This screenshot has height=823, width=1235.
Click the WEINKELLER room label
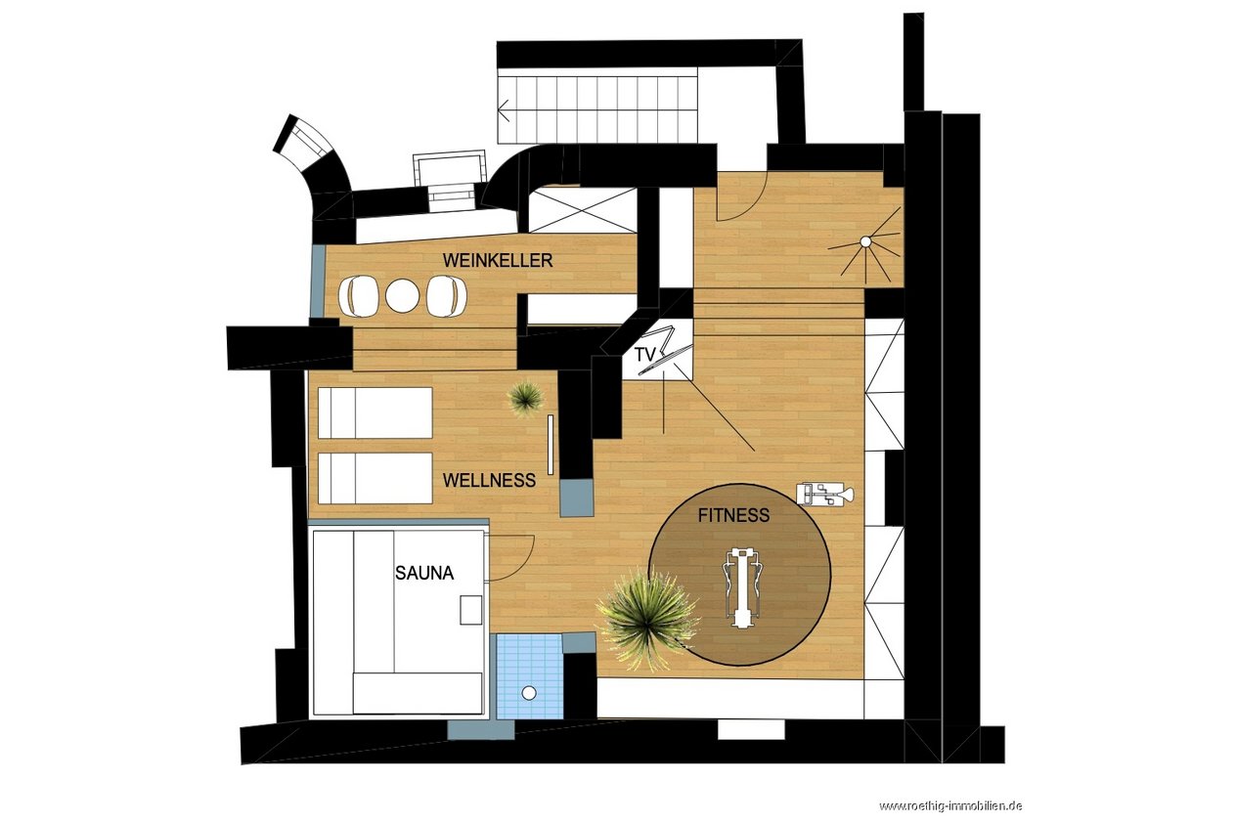(x=498, y=260)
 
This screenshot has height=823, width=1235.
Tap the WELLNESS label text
(x=489, y=480)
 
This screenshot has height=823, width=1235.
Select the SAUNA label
(x=424, y=573)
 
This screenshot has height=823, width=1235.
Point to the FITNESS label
(x=733, y=515)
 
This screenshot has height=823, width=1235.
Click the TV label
(x=644, y=355)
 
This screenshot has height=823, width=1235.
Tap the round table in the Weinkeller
(x=403, y=295)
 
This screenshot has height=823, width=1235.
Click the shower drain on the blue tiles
(x=529, y=693)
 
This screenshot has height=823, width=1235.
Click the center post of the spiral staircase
(x=865, y=241)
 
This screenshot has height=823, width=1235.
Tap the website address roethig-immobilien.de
(x=949, y=806)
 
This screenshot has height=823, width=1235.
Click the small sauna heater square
(x=471, y=610)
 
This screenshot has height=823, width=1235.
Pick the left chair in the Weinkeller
(x=358, y=296)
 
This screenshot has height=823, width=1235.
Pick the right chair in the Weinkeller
(x=447, y=296)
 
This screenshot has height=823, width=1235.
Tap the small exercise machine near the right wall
(x=825, y=493)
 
